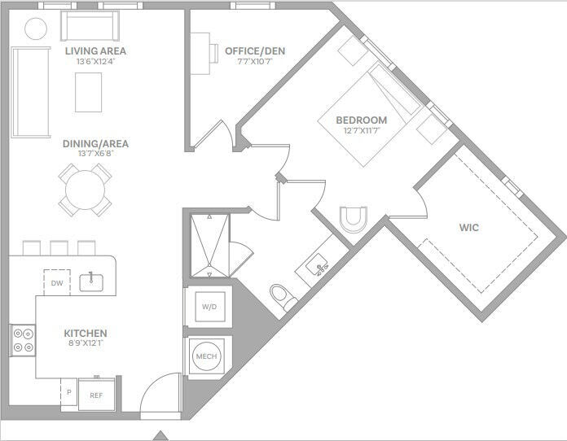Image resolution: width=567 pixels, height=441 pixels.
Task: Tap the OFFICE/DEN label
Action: [255, 51]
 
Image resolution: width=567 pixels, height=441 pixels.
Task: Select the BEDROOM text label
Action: [361, 120]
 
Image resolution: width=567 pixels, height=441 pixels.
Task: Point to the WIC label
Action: [469, 228]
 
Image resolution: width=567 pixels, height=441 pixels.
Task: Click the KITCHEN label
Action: [86, 334]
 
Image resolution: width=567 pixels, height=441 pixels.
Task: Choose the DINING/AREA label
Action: [95, 144]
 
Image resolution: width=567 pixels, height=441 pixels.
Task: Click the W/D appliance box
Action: [210, 307]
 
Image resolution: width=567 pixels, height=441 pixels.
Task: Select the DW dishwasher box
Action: [56, 283]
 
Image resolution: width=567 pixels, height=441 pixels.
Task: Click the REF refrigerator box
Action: [96, 394]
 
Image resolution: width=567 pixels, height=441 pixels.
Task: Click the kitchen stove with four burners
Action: [23, 339]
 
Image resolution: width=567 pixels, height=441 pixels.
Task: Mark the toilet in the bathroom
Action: [281, 297]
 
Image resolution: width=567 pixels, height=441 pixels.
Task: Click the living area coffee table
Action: [89, 92]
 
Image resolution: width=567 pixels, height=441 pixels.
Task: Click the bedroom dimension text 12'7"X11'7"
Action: [361, 131]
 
